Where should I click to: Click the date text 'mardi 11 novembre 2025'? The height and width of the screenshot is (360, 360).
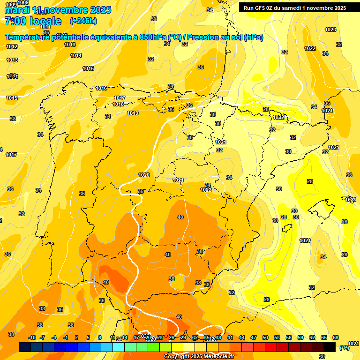pos(58,10)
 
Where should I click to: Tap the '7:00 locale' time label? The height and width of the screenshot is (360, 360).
pos(33,21)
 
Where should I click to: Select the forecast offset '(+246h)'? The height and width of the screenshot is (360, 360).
pos(83,21)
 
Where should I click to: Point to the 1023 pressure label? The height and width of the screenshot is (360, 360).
pos(330,30)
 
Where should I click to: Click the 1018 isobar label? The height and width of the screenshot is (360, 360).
pos(118,104)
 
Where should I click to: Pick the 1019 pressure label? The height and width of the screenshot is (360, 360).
pos(133,113)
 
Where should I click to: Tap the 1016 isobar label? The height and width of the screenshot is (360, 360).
pos(101,88)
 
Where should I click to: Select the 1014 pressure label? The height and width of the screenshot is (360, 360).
pos(76,55)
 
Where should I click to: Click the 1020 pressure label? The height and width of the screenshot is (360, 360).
pos(144,175)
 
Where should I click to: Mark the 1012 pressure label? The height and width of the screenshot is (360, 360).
pos(12,46)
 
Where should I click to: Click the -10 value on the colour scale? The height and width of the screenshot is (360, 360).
pos(32,337)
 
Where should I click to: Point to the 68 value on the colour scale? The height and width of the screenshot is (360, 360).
pos(336,337)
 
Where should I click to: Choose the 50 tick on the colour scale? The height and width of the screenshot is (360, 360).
pos(265,337)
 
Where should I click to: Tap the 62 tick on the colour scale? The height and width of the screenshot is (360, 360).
pos(312,337)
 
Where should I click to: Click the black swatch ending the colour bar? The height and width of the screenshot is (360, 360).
pos(330,347)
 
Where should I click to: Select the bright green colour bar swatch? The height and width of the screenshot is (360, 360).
pos(154,347)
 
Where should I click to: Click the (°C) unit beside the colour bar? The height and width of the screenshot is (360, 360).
pos(344,348)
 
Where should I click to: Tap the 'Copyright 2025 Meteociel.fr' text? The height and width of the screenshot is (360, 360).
pos(199,356)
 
